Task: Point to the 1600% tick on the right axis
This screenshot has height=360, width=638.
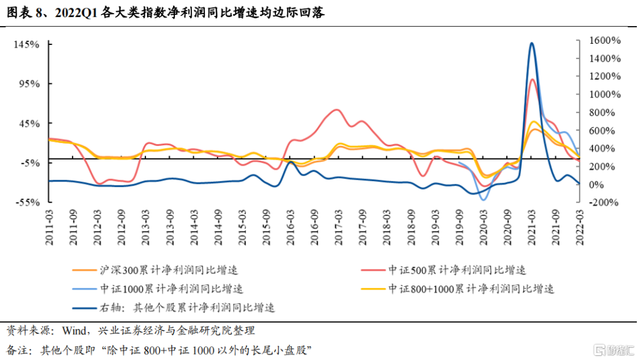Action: point(604,40)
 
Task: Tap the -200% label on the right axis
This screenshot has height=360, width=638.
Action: point(604,202)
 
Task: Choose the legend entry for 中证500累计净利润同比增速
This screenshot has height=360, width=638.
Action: point(457,270)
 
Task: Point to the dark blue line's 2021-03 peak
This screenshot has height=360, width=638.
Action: point(532,43)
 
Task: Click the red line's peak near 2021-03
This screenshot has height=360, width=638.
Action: point(532,79)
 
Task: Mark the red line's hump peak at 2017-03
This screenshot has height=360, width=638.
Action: point(336,109)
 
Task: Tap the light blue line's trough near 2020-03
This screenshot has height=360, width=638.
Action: point(484,200)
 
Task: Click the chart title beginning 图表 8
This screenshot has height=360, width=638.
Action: point(166,12)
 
